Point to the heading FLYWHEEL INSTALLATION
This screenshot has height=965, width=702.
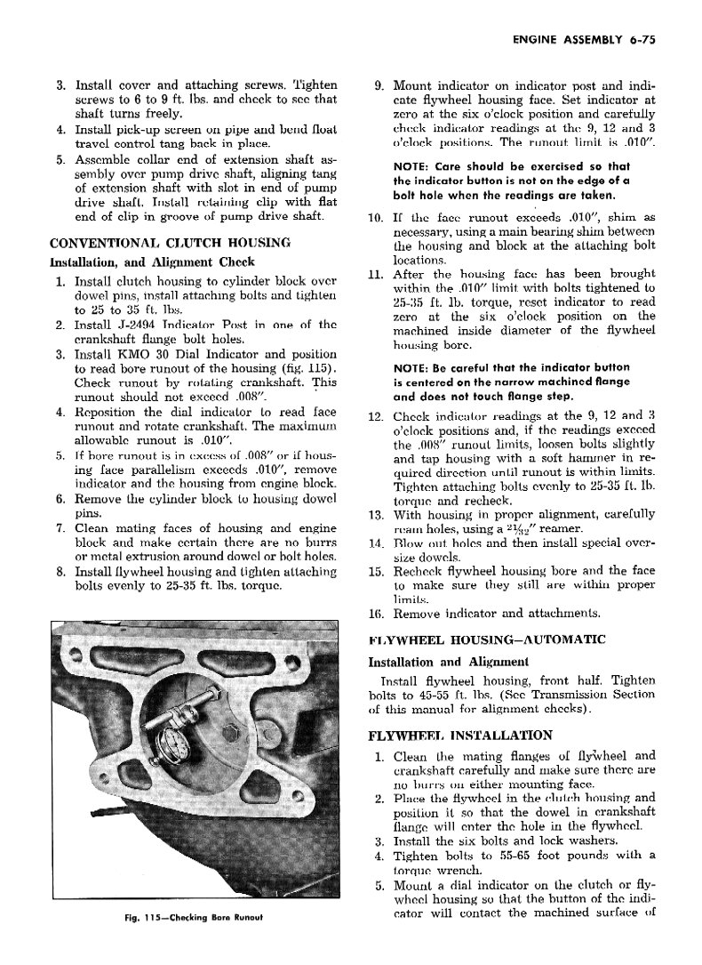(x=461, y=736)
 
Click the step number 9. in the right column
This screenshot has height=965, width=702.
(x=378, y=87)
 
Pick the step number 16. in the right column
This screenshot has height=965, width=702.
(x=375, y=613)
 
